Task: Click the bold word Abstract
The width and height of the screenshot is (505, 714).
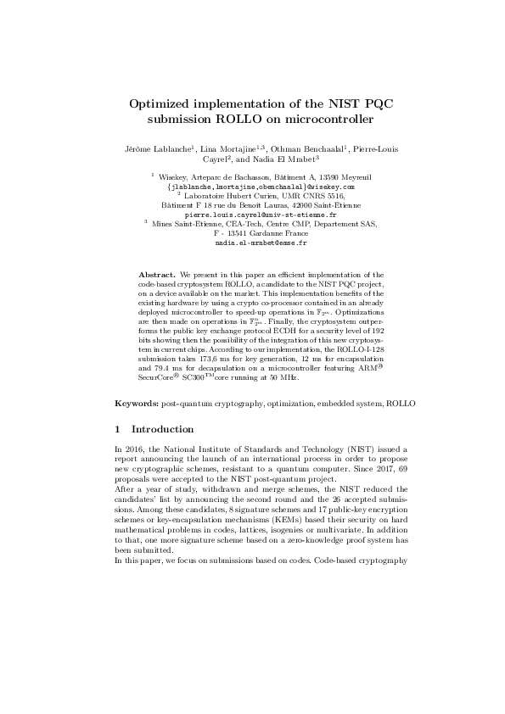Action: click(156, 276)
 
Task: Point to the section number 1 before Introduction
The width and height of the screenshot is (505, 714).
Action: click(117, 428)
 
